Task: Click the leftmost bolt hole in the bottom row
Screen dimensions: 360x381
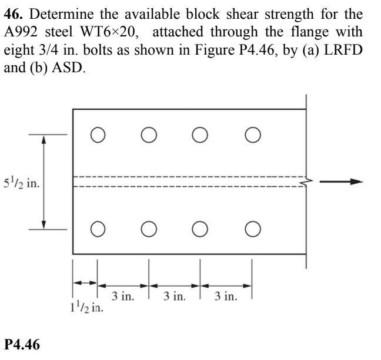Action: (x=98, y=228)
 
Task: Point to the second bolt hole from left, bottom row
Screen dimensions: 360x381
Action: (x=149, y=228)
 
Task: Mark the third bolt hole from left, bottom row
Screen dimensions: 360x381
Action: (x=200, y=228)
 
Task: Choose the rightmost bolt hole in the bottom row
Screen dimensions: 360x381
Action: (x=252, y=228)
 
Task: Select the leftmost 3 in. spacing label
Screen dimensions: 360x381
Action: (x=123, y=297)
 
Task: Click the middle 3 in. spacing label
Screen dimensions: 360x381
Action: (x=175, y=297)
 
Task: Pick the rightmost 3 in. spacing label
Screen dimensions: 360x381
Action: (x=226, y=297)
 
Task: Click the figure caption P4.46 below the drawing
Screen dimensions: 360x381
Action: (x=22, y=345)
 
